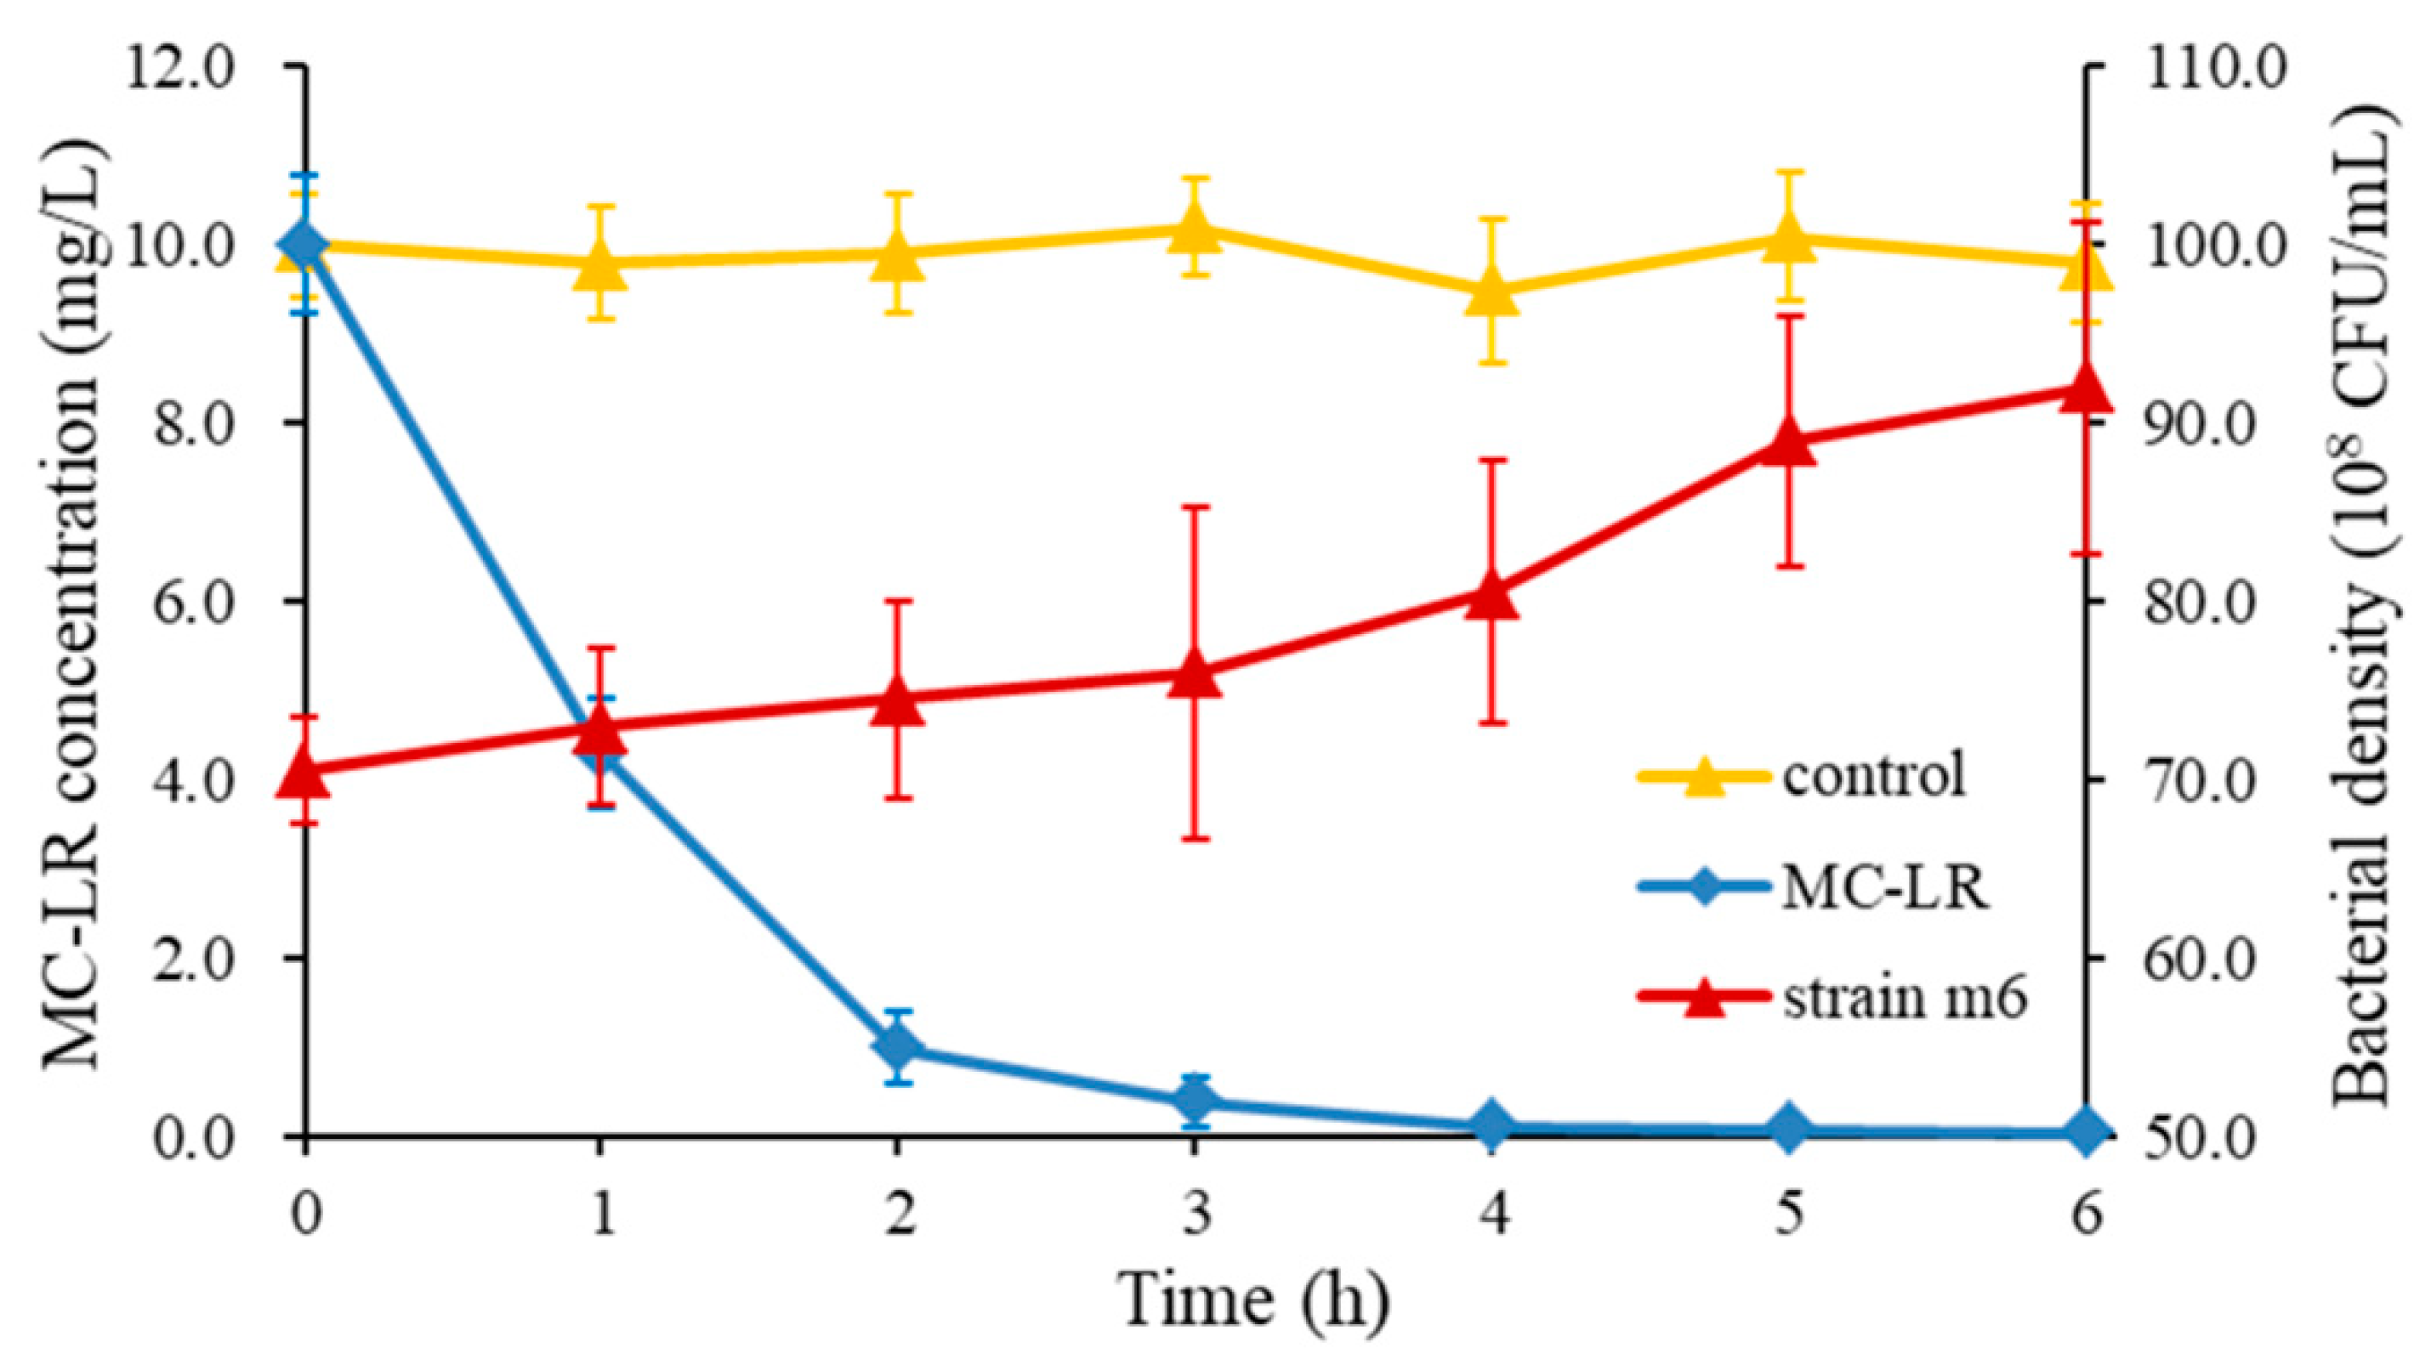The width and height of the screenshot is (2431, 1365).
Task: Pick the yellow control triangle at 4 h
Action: point(1492,291)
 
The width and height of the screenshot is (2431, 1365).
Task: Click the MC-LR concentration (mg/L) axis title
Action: point(71,603)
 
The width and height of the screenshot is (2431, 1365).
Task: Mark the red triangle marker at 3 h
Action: point(1195,671)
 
